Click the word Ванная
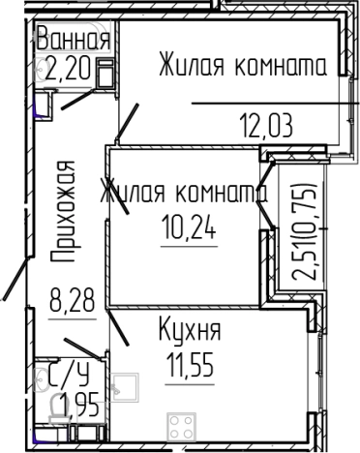pyautogui.click(x=72, y=41)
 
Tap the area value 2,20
pyautogui.click(x=68, y=69)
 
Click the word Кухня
pyautogui.click(x=190, y=331)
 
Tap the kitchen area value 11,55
pyautogui.click(x=191, y=369)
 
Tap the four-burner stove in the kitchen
pyautogui.click(x=181, y=427)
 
